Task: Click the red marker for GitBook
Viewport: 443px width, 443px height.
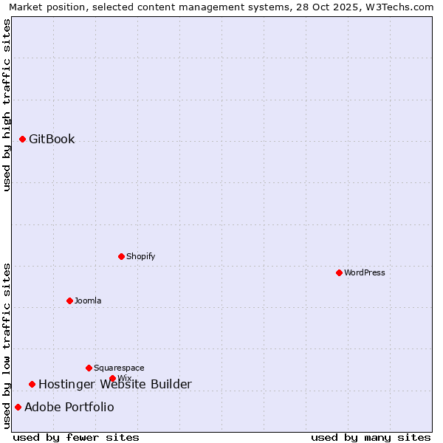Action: (x=23, y=139)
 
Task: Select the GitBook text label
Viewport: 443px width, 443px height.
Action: (x=52, y=139)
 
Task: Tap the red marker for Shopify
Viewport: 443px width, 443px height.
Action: (x=121, y=256)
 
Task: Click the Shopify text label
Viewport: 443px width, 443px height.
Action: (x=140, y=256)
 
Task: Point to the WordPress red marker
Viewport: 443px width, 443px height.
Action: (x=339, y=272)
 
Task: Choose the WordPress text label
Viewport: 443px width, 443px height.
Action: (x=365, y=272)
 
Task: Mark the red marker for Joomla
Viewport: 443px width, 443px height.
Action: (x=69, y=301)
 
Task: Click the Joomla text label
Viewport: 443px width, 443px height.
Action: (x=88, y=301)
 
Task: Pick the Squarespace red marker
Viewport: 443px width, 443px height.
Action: (x=89, y=368)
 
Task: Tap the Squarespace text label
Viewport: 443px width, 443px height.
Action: (x=119, y=368)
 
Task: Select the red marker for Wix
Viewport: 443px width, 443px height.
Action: (x=112, y=378)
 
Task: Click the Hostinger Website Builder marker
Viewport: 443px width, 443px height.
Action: (x=32, y=384)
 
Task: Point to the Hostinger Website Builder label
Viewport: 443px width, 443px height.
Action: (x=114, y=384)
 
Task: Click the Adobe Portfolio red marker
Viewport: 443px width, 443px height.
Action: (x=18, y=407)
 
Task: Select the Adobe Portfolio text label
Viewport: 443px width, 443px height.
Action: (x=69, y=407)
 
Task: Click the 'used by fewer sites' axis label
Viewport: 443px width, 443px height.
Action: (x=76, y=437)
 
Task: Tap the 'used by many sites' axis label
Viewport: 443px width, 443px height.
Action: (x=371, y=437)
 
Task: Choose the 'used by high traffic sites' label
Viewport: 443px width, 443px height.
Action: (x=7, y=105)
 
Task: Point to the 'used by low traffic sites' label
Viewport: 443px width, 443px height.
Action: (x=7, y=346)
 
